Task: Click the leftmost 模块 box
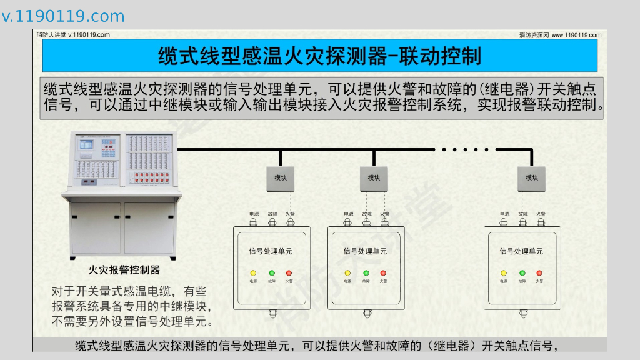tap(281, 178)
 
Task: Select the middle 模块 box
tap(374, 178)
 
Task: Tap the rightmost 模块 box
tap(532, 178)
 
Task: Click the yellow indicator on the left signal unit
tap(253, 273)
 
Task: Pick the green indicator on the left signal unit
tap(272, 273)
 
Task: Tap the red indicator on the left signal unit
tap(289, 273)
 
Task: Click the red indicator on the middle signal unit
tap(383, 273)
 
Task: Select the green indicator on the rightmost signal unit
tap(522, 273)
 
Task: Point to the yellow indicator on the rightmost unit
tap(504, 273)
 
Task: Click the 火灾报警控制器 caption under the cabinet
tap(124, 270)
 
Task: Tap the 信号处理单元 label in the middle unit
tap(365, 251)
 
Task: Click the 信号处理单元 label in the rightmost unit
tap(521, 251)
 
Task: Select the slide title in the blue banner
tap(319, 56)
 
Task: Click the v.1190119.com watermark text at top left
tap(63, 16)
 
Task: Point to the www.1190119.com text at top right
tap(576, 35)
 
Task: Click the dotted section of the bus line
tap(464, 149)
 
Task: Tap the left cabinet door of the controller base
tap(96, 228)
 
